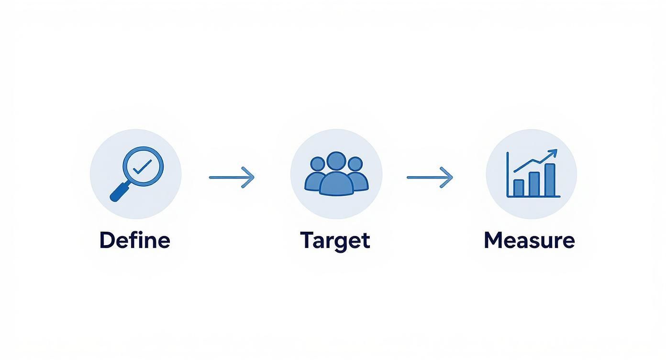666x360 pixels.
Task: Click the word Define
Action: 134,240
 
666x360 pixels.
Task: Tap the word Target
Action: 335,240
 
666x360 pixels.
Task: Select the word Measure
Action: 529,240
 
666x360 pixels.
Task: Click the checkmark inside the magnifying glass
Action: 142,167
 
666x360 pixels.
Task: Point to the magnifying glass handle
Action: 119,192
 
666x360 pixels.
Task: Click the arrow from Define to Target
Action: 232,177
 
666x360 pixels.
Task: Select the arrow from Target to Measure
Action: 429,177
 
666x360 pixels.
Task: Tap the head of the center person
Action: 336,161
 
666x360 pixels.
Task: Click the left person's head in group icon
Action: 317,164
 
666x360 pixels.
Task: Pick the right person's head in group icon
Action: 355,164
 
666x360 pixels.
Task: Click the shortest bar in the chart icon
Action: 519,188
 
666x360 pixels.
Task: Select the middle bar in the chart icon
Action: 534,184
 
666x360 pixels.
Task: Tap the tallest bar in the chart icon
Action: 550,180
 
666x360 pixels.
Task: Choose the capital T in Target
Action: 306,240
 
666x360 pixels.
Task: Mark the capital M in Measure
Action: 494,240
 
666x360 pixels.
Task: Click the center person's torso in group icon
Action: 336,184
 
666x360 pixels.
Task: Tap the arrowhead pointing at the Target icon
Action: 250,177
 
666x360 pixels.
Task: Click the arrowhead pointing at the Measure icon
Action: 448,177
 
